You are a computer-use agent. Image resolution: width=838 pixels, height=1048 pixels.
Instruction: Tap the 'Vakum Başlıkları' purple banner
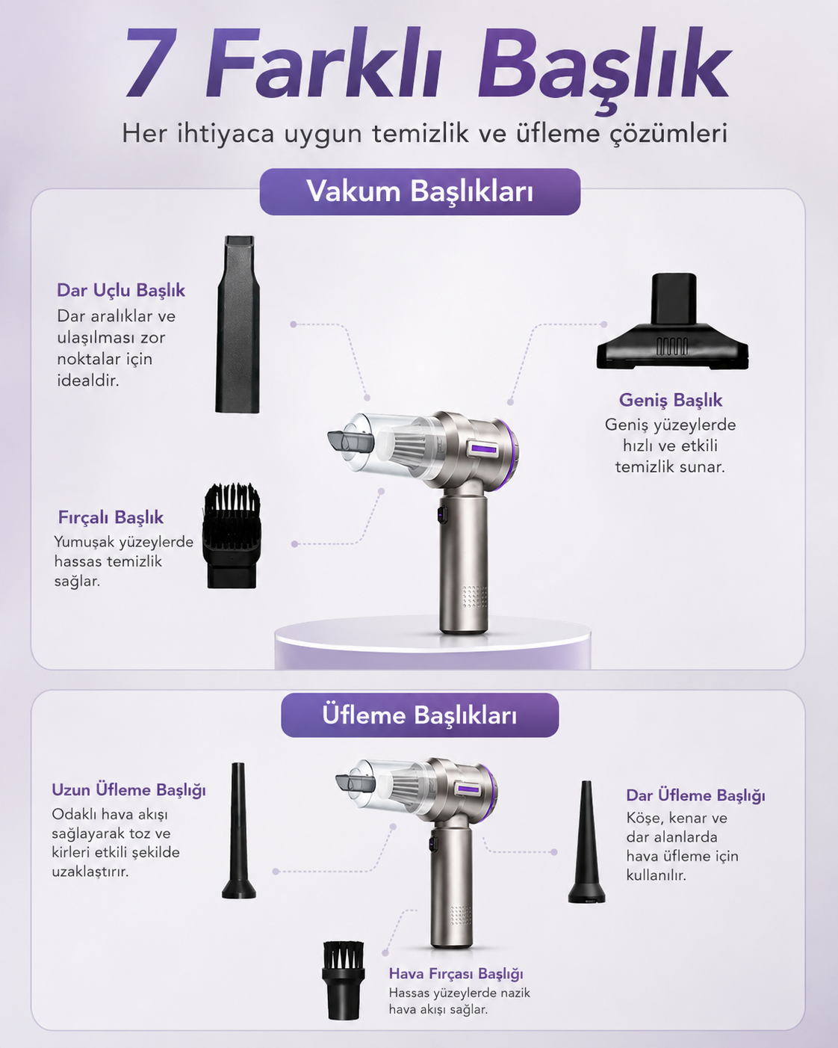420,192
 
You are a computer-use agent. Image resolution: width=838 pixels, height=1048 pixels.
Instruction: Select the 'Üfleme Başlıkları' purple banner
420,715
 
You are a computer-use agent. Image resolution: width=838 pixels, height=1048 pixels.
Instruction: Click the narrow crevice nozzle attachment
238,324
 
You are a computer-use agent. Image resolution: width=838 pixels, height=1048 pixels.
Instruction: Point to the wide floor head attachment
672,321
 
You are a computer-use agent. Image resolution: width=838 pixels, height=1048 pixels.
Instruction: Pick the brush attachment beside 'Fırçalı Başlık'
232,536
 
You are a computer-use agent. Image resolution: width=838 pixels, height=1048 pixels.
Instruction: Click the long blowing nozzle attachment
238,830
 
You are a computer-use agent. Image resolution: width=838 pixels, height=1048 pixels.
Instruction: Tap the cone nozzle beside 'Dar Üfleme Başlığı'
586,842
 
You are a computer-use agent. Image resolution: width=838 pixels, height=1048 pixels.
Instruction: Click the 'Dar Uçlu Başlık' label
121,290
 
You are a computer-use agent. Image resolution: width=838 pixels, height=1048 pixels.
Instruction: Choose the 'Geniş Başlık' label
670,401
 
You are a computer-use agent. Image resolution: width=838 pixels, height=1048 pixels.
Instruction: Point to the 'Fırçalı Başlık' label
111,517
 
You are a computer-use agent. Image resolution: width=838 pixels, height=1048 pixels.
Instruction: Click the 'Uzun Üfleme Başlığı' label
128,790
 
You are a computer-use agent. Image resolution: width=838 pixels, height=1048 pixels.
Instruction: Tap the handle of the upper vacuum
463,565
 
